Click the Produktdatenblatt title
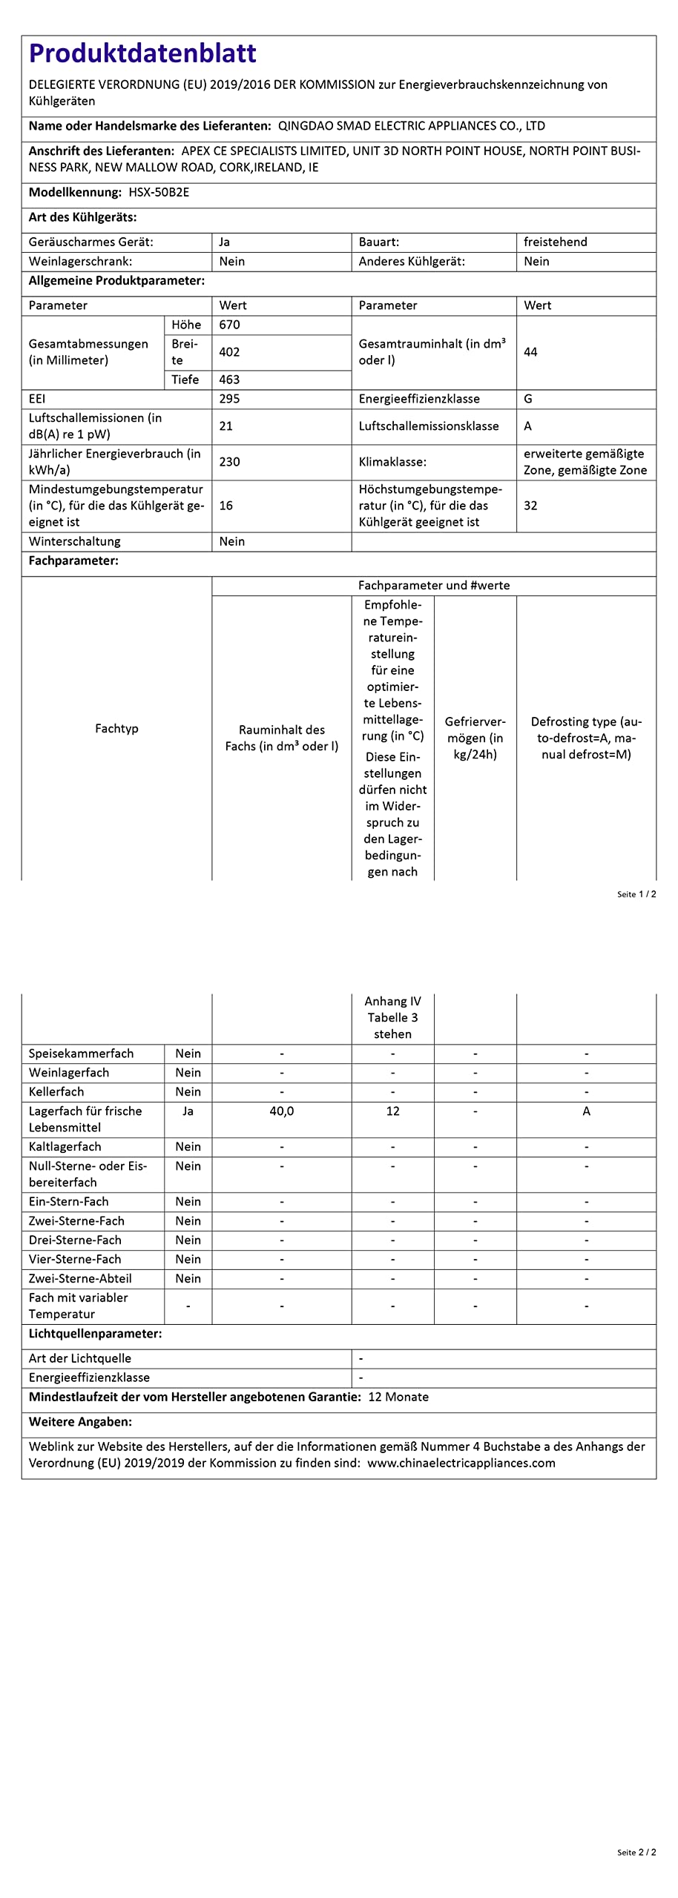142,53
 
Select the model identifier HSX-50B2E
159,192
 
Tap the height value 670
229,325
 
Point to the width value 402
229,352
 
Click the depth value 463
229,380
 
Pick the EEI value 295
229,399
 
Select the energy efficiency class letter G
528,399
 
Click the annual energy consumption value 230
229,462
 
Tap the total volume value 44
530,352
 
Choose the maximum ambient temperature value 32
530,506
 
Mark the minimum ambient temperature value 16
226,506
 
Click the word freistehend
556,242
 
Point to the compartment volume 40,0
282,1111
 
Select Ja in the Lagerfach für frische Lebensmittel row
188,1111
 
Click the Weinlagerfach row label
69,1073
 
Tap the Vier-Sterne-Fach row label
75,1260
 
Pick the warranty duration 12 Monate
398,1398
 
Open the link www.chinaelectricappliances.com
461,1464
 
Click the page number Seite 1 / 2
636,894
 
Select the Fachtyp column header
116,729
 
